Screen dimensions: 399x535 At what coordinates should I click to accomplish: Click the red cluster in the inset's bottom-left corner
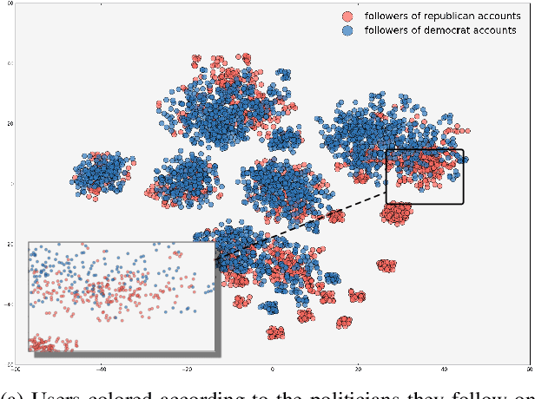click(52, 344)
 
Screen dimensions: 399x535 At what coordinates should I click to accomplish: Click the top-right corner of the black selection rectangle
click(463, 150)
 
